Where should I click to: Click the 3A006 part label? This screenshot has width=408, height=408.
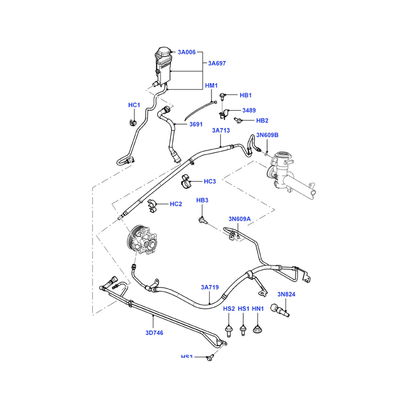click(x=186, y=52)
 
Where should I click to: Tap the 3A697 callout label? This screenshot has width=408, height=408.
click(x=217, y=63)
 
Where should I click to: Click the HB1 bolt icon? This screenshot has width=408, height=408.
click(x=222, y=96)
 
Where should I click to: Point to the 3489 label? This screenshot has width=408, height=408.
click(x=249, y=110)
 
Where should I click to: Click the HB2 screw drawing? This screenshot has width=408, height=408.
click(x=237, y=120)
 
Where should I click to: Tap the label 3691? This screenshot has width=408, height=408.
click(x=196, y=124)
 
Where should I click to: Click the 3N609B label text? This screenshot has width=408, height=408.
click(x=267, y=135)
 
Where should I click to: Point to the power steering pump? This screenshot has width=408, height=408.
click(x=142, y=240)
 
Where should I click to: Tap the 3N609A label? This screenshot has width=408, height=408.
click(x=239, y=219)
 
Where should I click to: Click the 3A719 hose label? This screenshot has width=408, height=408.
click(x=210, y=287)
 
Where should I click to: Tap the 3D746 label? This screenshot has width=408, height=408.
click(x=154, y=333)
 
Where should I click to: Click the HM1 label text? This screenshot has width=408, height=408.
click(x=211, y=86)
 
